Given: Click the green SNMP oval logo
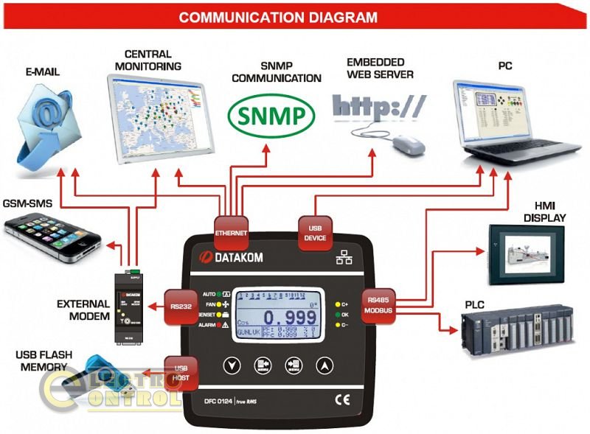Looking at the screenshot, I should point(270,116).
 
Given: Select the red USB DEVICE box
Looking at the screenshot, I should point(315,233).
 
